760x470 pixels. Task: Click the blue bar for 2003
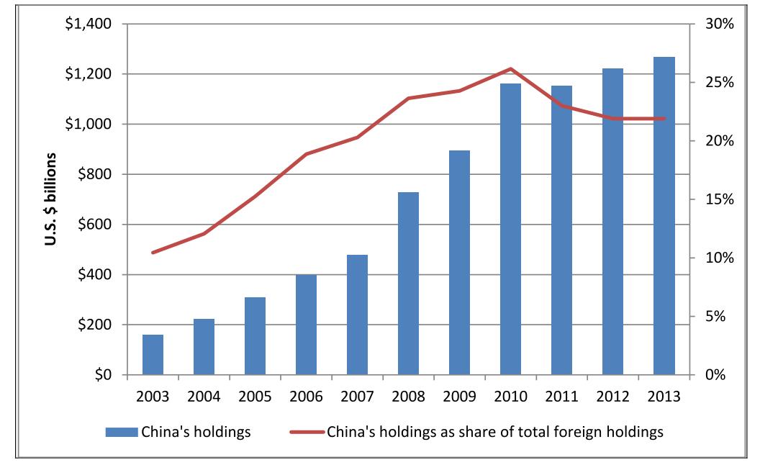pos(153,355)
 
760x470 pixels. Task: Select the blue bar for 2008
pos(408,284)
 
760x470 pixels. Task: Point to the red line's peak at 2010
pos(510,69)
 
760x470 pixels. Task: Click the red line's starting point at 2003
pos(153,253)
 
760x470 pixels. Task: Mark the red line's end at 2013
pos(664,119)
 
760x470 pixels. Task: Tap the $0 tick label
pos(104,375)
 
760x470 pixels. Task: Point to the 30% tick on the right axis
pos(718,24)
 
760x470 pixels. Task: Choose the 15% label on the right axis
pos(718,199)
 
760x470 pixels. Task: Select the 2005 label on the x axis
pos(255,396)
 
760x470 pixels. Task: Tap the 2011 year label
pos(561,396)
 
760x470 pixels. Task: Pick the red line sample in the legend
pos(307,433)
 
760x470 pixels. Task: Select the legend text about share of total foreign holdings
pos(494,433)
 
